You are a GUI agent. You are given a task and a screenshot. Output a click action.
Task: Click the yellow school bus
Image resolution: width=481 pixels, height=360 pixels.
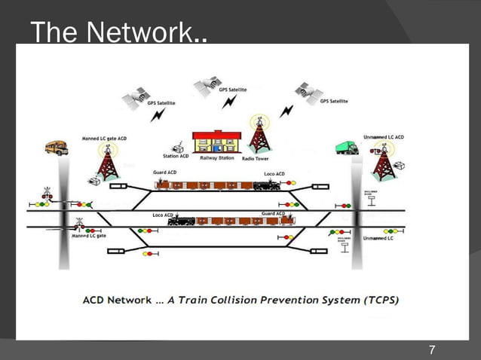(57, 148)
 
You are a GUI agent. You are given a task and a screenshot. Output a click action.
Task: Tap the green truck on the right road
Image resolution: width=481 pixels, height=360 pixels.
(347, 148)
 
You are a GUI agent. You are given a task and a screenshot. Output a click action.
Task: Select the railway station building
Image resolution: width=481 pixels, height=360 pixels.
(216, 142)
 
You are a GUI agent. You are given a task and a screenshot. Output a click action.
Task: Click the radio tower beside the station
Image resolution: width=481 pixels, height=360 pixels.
(259, 136)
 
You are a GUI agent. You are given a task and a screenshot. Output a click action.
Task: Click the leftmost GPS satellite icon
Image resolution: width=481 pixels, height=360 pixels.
(136, 96)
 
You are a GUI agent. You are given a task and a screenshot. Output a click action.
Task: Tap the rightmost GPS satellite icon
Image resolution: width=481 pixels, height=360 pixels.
(309, 92)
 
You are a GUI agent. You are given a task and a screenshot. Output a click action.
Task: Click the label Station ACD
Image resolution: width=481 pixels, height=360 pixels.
(176, 157)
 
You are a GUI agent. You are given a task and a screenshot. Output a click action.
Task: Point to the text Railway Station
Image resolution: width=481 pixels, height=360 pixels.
(216, 158)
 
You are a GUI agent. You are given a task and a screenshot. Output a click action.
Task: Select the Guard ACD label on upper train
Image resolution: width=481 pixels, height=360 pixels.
(164, 172)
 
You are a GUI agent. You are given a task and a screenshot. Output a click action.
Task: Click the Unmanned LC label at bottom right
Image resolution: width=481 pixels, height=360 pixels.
(378, 238)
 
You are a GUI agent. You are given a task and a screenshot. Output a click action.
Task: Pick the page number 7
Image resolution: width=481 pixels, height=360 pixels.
(431, 349)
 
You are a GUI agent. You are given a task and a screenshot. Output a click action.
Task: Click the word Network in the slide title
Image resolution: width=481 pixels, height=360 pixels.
(148, 32)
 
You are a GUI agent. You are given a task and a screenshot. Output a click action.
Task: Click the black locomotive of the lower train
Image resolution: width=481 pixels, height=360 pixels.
(182, 221)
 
